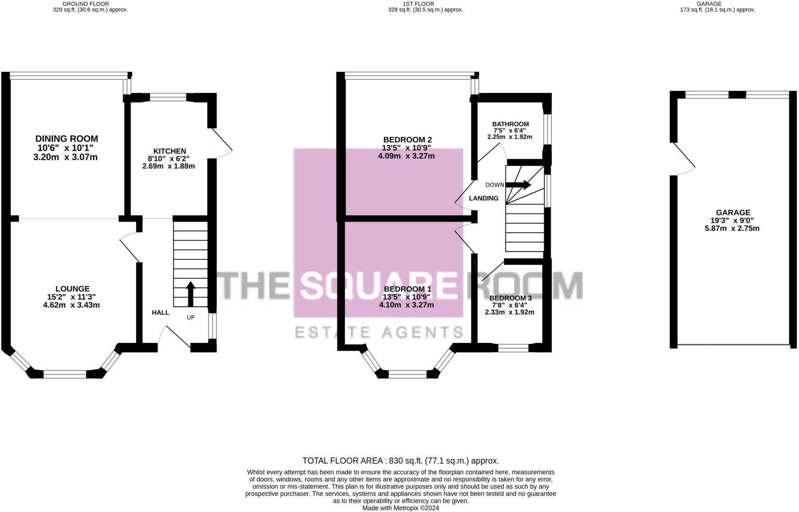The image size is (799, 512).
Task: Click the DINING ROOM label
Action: pyautogui.click(x=67, y=139)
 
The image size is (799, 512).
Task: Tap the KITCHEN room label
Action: pyautogui.click(x=170, y=151)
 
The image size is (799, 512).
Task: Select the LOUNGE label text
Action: pyautogui.click(x=72, y=289)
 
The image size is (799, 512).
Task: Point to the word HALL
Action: pyautogui.click(x=161, y=313)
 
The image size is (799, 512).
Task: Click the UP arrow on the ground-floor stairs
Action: pyautogui.click(x=191, y=293)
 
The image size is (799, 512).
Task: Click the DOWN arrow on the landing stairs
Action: pyautogui.click(x=518, y=185)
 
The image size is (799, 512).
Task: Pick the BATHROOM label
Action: pyautogui.click(x=510, y=124)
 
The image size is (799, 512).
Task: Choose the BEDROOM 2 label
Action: pyautogui.click(x=407, y=140)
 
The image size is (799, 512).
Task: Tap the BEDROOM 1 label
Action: pyautogui.click(x=407, y=289)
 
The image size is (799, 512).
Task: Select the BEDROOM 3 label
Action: pyautogui.click(x=510, y=298)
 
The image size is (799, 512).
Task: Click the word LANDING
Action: pyautogui.click(x=483, y=198)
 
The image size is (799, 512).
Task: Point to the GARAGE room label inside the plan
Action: pyautogui.click(x=733, y=213)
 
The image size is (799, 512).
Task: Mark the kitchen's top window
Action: pyautogui.click(x=168, y=97)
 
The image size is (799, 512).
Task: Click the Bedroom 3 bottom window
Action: pyautogui.click(x=513, y=348)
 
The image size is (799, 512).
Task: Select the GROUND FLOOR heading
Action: pyautogui.click(x=86, y=4)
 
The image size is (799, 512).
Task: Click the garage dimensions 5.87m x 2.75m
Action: pyautogui.click(x=732, y=228)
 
